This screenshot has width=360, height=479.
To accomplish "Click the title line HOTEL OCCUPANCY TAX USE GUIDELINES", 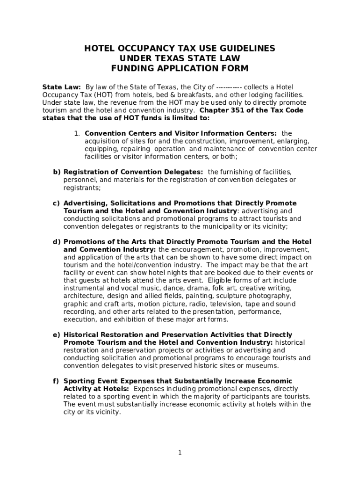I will pos(180,49).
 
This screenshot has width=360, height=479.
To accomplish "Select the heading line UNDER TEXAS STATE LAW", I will pos(180,58).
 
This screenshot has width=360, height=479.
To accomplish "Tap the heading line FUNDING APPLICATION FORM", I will pos(180,68).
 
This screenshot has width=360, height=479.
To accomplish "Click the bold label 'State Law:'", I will pos(62,87).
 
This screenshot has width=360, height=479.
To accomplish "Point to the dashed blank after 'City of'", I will pos(229,87).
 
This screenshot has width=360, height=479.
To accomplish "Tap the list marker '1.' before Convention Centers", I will pos(77,134).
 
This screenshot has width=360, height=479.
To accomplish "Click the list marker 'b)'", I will pos(56,172).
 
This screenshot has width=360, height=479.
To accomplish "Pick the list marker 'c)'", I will pos(56,203).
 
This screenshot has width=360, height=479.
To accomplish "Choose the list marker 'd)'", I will pos(56,242).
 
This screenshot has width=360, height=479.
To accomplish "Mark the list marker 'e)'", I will pos(56,335).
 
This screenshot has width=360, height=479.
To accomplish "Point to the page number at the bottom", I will pos(180,452).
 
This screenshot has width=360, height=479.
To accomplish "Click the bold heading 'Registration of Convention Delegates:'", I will pos(133,172).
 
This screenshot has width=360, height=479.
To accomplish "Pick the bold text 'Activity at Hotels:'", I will pos(97,389).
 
